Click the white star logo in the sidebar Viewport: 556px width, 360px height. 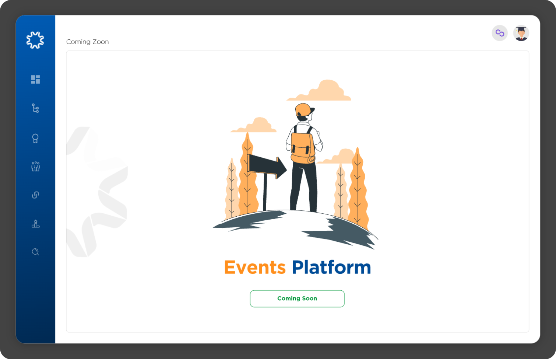pos(35,40)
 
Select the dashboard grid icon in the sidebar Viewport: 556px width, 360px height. pos(35,80)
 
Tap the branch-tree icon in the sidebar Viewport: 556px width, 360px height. pos(35,108)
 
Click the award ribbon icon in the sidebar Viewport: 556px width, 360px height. pos(35,139)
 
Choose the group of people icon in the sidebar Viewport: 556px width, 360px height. pos(35,167)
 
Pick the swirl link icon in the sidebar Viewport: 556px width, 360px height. pos(35,195)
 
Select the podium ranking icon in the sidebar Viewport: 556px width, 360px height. pos(35,224)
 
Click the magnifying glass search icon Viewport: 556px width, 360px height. pos(35,252)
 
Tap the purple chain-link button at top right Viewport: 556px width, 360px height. pos(500,33)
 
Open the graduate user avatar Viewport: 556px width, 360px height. pos(521,33)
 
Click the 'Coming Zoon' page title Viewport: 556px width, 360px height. pos(87,42)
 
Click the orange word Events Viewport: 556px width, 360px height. pos(255,268)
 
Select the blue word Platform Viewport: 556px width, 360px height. pos(331,268)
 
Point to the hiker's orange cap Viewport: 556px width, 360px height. pos(304,109)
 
